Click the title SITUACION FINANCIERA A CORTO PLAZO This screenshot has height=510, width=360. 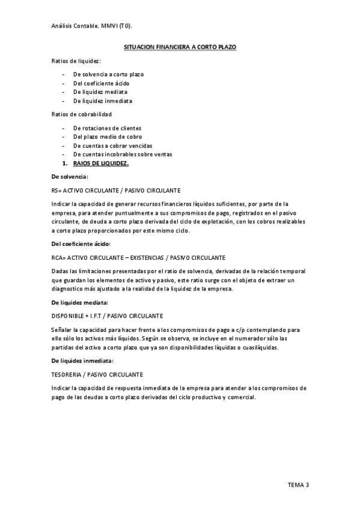[x=180, y=46]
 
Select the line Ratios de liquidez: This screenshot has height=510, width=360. [x=76, y=61]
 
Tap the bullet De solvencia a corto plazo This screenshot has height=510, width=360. [x=108, y=75]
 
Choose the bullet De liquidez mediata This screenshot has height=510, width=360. [x=100, y=93]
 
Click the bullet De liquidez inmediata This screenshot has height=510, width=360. [x=103, y=101]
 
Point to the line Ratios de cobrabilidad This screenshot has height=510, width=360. [x=81, y=114]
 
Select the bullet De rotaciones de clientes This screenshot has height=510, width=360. [x=108, y=128]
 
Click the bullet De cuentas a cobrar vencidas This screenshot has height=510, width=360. [x=112, y=146]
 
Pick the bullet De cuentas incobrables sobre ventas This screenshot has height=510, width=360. [x=122, y=155]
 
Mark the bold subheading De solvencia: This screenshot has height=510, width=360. [x=70, y=177]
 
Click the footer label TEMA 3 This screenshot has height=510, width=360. [x=299, y=485]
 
